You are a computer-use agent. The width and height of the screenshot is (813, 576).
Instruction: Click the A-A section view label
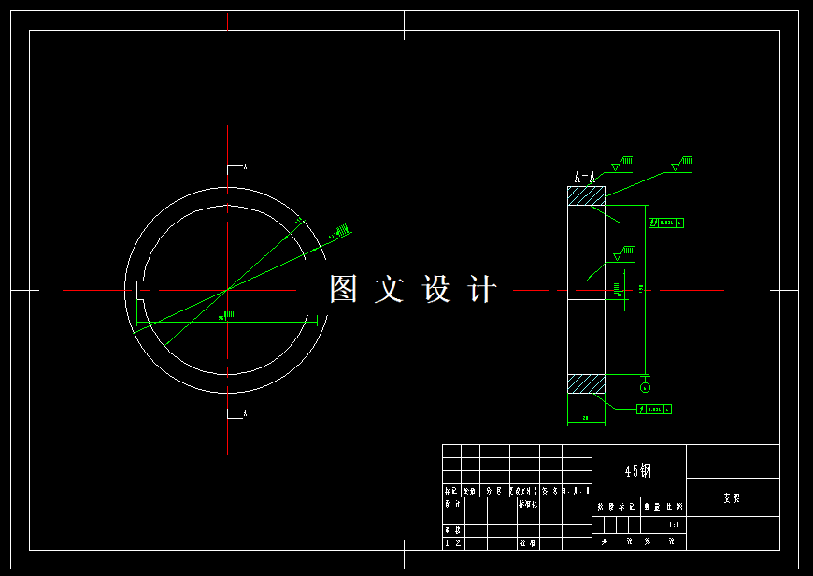(585, 176)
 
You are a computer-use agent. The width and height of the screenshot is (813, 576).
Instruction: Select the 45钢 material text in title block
(638, 470)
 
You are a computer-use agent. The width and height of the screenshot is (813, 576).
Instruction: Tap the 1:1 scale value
(674, 526)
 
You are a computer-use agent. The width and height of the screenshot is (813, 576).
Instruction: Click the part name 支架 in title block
(732, 498)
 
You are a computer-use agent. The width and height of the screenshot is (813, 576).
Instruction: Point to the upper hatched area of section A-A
(586, 196)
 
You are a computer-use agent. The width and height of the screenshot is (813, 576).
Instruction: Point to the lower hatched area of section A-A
(586, 384)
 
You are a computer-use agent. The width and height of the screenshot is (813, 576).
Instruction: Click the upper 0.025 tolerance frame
(666, 223)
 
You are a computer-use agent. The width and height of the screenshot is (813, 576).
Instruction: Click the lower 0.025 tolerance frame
(654, 410)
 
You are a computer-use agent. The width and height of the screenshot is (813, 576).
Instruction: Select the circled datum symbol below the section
(645, 387)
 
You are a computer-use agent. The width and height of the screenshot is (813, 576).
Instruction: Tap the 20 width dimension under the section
(586, 418)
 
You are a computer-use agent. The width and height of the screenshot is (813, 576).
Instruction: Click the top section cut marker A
(245, 166)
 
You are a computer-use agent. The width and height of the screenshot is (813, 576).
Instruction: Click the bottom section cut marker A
(245, 413)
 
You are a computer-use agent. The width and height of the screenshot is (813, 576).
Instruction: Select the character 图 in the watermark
(343, 289)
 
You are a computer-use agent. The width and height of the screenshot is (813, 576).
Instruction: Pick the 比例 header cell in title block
(674, 506)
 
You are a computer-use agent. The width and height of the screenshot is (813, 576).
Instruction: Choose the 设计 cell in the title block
(452, 504)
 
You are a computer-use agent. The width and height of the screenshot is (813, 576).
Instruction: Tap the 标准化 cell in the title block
(527, 504)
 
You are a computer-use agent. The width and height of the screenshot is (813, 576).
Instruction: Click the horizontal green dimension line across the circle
(224, 324)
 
